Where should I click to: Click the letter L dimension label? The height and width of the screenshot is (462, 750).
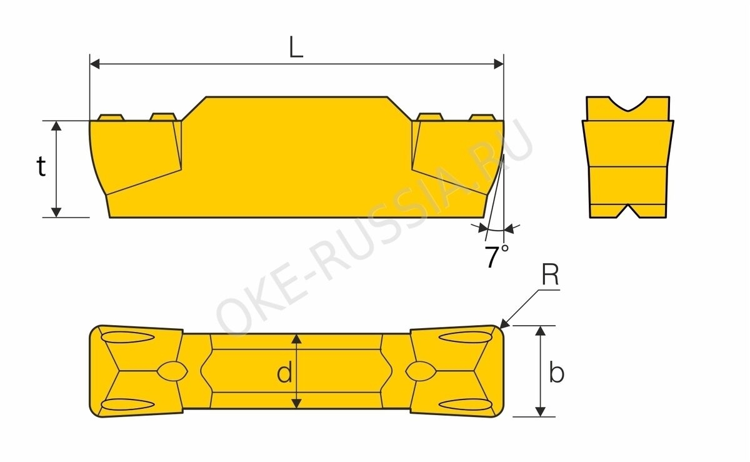pyautogui.click(x=296, y=46)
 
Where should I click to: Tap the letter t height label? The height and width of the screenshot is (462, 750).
pyautogui.click(x=41, y=166)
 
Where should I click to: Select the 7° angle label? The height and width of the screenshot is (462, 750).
pyautogui.click(x=496, y=256)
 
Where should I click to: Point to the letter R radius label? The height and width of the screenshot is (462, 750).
pyautogui.click(x=550, y=276)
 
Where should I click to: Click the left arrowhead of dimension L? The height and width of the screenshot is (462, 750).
pyautogui.click(x=95, y=64)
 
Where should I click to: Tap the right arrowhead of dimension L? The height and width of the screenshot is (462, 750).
pyautogui.click(x=499, y=64)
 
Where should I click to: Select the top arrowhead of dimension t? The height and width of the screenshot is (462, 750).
pyautogui.click(x=56, y=126)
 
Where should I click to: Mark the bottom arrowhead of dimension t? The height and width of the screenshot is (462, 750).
pyautogui.click(x=56, y=213)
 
